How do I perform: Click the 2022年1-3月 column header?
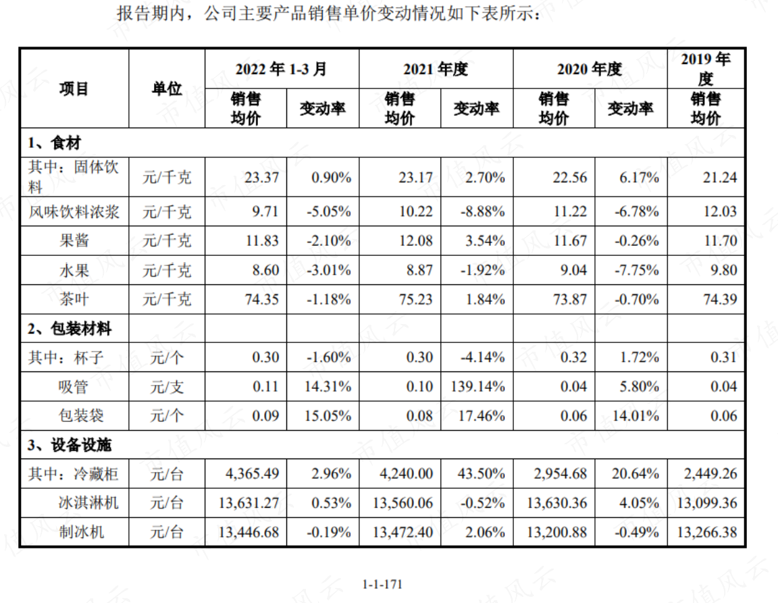(x=281, y=69)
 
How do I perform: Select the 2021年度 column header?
(x=436, y=69)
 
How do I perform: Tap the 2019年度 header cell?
(x=706, y=68)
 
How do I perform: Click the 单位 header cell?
(x=167, y=89)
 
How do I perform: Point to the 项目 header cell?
(x=74, y=89)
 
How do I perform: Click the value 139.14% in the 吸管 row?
(x=477, y=387)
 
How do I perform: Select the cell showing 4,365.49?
(x=252, y=473)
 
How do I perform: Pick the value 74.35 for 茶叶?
(x=261, y=299)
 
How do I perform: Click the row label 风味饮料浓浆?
(x=74, y=212)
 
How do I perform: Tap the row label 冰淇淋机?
(x=89, y=503)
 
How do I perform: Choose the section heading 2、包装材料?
(x=70, y=328)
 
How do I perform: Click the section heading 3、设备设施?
(x=70, y=445)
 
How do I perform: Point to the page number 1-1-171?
(x=382, y=584)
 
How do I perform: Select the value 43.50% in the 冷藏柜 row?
(x=481, y=473)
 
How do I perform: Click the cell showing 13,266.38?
(x=707, y=532)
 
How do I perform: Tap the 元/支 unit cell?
(x=167, y=387)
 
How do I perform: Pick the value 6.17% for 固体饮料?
(x=639, y=177)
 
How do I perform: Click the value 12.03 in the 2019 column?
(x=720, y=211)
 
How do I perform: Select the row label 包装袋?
(x=81, y=415)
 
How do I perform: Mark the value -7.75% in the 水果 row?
(x=637, y=270)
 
